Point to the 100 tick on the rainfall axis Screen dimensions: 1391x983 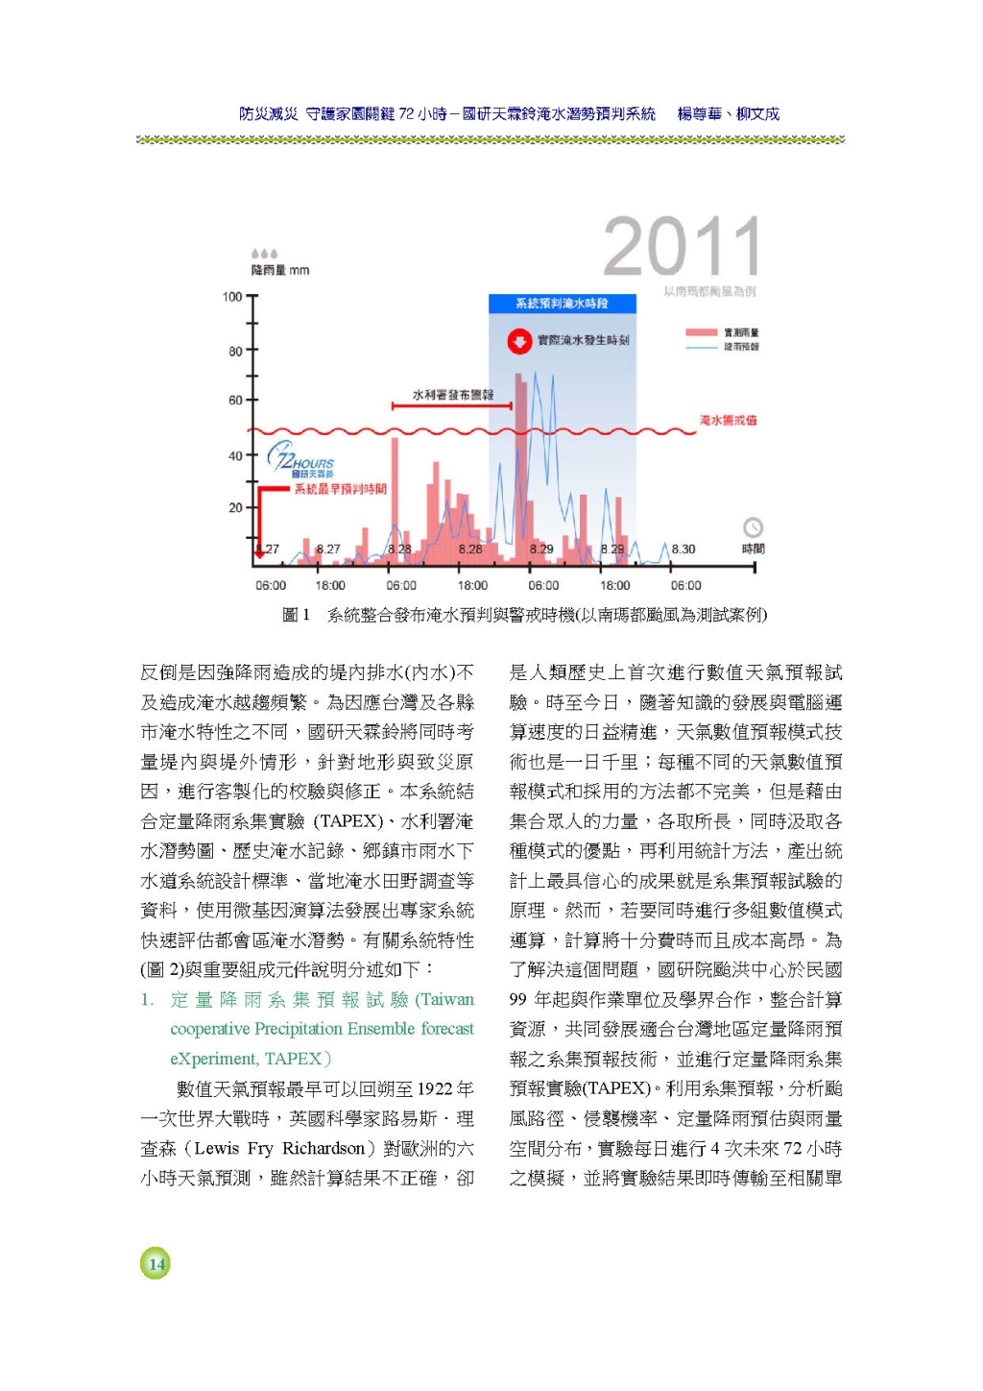click(232, 297)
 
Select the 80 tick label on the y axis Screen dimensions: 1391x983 click(235, 352)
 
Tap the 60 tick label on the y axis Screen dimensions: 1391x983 click(235, 401)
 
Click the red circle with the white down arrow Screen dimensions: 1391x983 click(519, 341)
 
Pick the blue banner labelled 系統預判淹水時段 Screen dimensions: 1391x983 click(562, 304)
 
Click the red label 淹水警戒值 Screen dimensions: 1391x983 click(728, 420)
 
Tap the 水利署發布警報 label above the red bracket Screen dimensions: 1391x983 click(452, 395)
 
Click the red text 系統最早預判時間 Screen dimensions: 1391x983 click(340, 489)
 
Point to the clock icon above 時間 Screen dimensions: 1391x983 click(754, 527)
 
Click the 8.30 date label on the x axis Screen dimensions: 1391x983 click(683, 549)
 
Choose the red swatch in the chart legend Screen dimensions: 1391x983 click(701, 332)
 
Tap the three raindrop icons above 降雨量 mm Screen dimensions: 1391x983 click(264, 255)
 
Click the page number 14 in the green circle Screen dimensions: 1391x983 click(156, 1263)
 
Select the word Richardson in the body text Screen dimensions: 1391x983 click(323, 1148)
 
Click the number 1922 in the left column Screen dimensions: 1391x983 click(435, 1088)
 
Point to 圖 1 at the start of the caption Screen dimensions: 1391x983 click(296, 615)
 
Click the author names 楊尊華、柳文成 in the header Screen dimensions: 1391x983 click(728, 114)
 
